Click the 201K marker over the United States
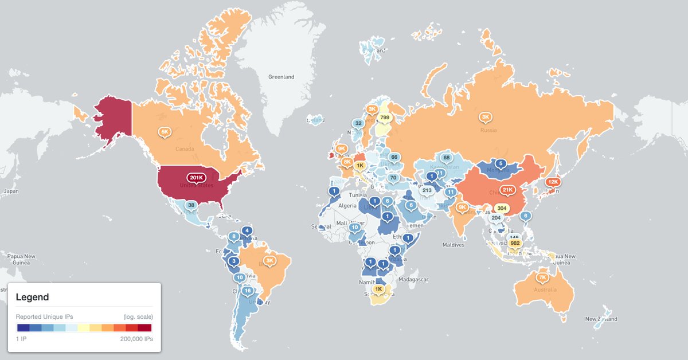[x=196, y=177]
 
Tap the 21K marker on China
[x=507, y=190]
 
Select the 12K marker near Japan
[x=553, y=181]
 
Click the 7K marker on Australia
[x=542, y=277]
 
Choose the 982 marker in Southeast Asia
[x=514, y=243]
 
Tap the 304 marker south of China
[x=502, y=208]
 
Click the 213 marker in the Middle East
[x=426, y=190]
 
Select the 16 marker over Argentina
[x=248, y=291]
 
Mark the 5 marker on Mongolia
[x=499, y=163]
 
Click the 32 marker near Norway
[x=358, y=123]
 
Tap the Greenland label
[x=281, y=77]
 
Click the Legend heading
[x=32, y=297]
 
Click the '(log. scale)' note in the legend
[x=138, y=316]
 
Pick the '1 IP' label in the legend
[x=22, y=339]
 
